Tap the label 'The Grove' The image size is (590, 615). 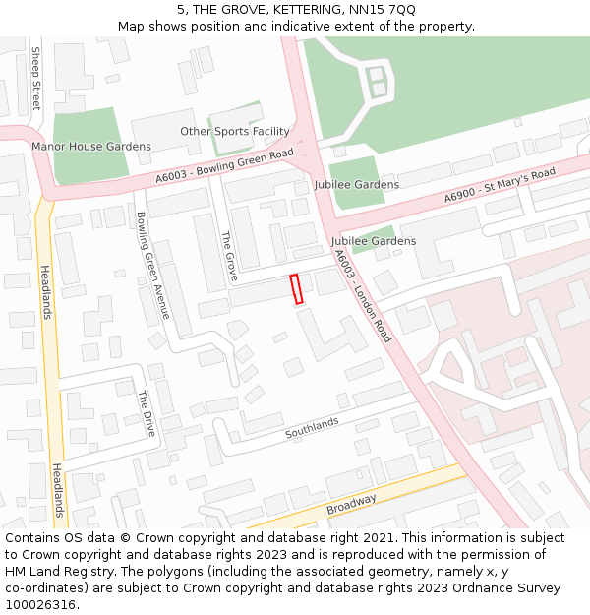[x=229, y=253]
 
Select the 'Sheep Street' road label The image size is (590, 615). [x=36, y=77]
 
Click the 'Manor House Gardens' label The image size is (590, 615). [x=91, y=147]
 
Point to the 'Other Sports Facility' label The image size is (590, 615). [x=235, y=131]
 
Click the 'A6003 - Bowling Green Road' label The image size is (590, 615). [x=225, y=165]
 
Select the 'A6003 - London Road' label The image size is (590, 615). [x=363, y=295]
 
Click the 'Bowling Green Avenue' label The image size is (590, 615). [x=152, y=265]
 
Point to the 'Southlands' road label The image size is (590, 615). [x=312, y=428]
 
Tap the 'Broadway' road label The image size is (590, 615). [x=351, y=504]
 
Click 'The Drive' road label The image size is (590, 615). [x=146, y=413]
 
